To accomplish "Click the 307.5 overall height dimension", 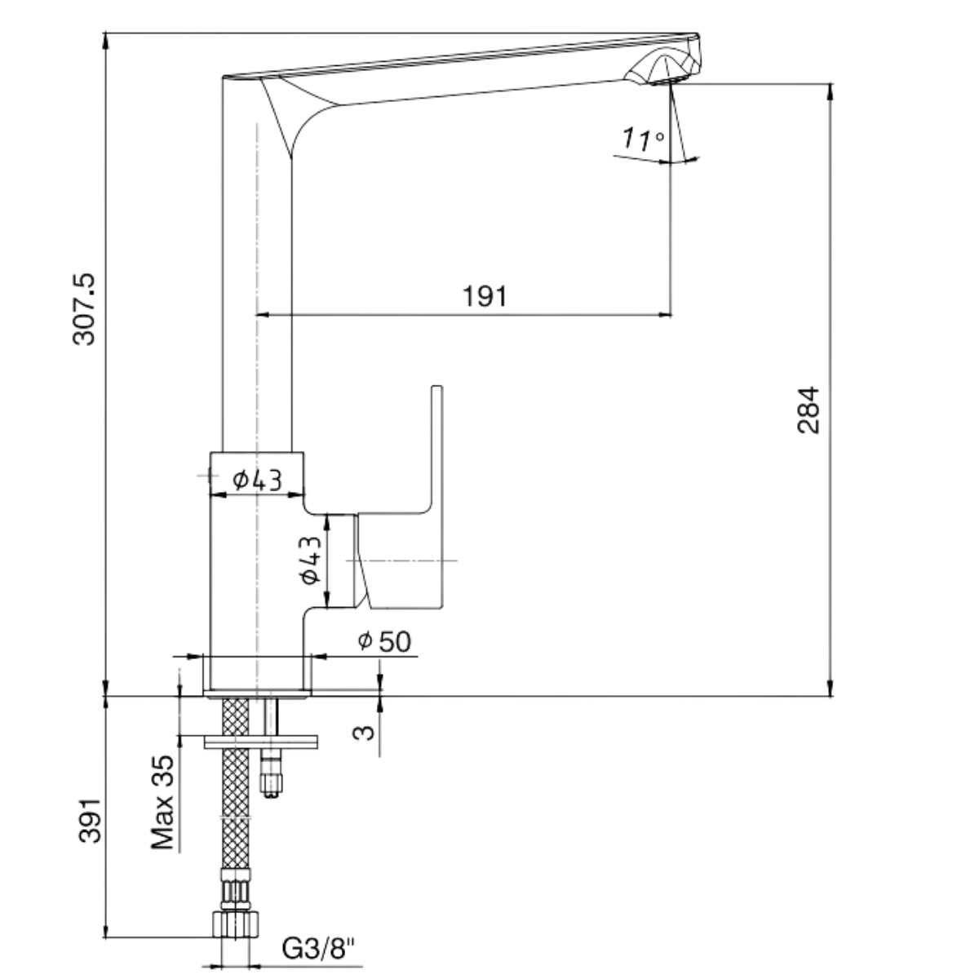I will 85,308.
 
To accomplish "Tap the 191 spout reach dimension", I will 485,295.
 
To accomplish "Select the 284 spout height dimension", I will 808,410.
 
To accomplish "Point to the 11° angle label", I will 642,140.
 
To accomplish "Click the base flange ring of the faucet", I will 257,693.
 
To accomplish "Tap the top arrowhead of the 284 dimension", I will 831,91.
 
